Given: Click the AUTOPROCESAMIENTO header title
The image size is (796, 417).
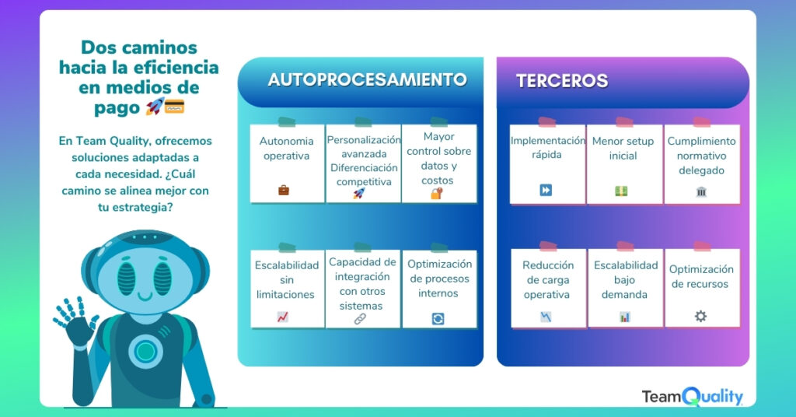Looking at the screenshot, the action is (367, 79).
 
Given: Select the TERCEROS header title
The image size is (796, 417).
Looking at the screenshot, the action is (562, 81).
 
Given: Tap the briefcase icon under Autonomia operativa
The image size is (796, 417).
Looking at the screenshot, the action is (284, 191).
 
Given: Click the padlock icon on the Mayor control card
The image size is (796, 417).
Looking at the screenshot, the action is (437, 193).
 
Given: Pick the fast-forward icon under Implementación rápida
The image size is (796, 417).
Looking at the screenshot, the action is (546, 190).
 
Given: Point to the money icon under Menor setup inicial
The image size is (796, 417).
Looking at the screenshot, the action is (621, 191).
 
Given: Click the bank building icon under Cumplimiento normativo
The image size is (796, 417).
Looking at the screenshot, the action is (701, 191).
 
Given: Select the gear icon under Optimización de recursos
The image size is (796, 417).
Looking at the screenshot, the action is (700, 317).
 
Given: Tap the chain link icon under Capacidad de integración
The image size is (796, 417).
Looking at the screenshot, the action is (360, 319).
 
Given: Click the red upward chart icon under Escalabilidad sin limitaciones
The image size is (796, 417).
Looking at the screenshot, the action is (283, 317).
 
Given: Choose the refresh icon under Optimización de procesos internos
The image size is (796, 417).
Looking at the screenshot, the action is (438, 318).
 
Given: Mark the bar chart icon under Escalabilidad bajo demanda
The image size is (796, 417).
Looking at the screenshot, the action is (624, 317).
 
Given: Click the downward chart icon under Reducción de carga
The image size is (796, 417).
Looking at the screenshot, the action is (546, 317).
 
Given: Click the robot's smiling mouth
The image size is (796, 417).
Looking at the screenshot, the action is (145, 296).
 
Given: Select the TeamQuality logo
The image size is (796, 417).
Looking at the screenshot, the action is (693, 396).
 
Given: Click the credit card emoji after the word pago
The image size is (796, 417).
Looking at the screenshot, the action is (174, 107).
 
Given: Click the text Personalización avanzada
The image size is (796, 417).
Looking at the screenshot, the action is (364, 147).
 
